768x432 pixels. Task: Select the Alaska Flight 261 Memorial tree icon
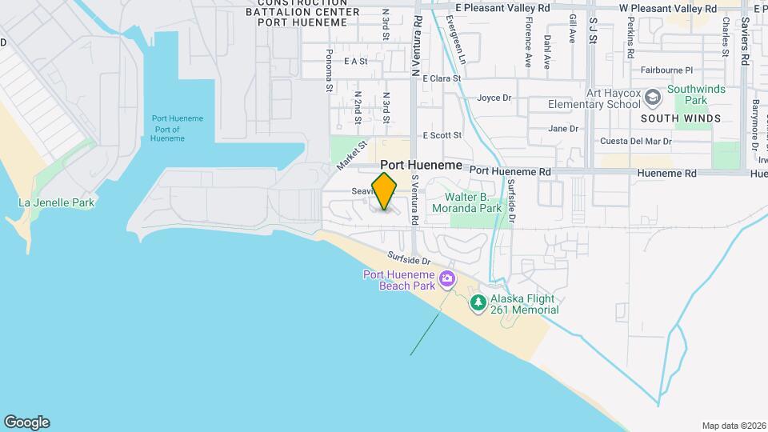tap(478, 302)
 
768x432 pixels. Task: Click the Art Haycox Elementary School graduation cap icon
tap(654, 98)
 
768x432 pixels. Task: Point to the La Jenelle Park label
tap(57, 203)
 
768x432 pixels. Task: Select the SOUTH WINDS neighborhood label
tap(681, 118)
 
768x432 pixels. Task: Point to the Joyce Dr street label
tap(494, 98)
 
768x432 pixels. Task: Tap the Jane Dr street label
tap(562, 128)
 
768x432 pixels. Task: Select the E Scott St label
tap(442, 135)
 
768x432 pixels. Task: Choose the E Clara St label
tap(442, 78)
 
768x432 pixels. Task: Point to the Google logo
tap(26, 422)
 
